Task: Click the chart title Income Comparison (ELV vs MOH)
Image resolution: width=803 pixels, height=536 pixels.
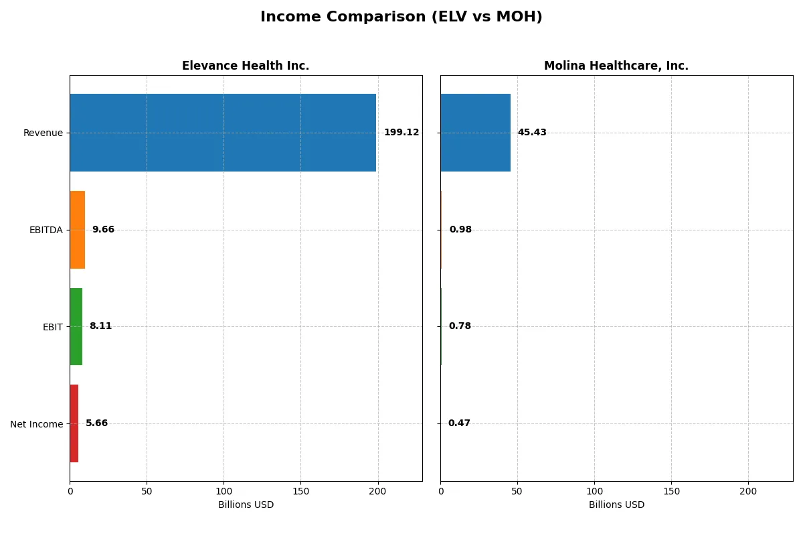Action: (401, 17)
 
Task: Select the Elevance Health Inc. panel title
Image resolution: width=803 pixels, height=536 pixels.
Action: (246, 66)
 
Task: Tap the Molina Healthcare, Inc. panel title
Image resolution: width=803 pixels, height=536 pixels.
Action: (616, 66)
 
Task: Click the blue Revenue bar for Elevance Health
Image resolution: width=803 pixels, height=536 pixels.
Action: (223, 133)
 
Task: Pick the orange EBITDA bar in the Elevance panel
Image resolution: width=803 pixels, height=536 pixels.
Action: (77, 230)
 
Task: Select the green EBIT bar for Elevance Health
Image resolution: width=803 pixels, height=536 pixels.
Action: (76, 326)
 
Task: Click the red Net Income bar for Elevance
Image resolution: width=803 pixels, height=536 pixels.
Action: (74, 423)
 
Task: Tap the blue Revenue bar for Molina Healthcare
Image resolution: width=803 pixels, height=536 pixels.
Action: (475, 133)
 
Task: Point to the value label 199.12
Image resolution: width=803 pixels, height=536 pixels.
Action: (401, 133)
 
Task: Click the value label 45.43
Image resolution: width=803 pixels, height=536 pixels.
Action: (532, 133)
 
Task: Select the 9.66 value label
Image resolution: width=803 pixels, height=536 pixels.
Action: (103, 230)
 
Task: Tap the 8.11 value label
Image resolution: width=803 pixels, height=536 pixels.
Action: (100, 326)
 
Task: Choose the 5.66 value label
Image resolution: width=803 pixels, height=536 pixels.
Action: (96, 423)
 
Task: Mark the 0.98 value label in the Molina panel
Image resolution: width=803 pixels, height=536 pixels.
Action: (460, 230)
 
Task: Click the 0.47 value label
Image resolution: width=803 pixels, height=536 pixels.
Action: (459, 423)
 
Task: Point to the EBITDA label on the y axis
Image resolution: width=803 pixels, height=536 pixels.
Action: (46, 230)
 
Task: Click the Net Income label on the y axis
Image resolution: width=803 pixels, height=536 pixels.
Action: (36, 424)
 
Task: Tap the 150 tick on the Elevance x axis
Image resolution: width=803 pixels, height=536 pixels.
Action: (300, 491)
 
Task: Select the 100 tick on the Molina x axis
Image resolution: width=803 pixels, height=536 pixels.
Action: (594, 491)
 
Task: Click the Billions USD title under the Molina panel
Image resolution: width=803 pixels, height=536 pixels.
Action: (616, 505)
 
